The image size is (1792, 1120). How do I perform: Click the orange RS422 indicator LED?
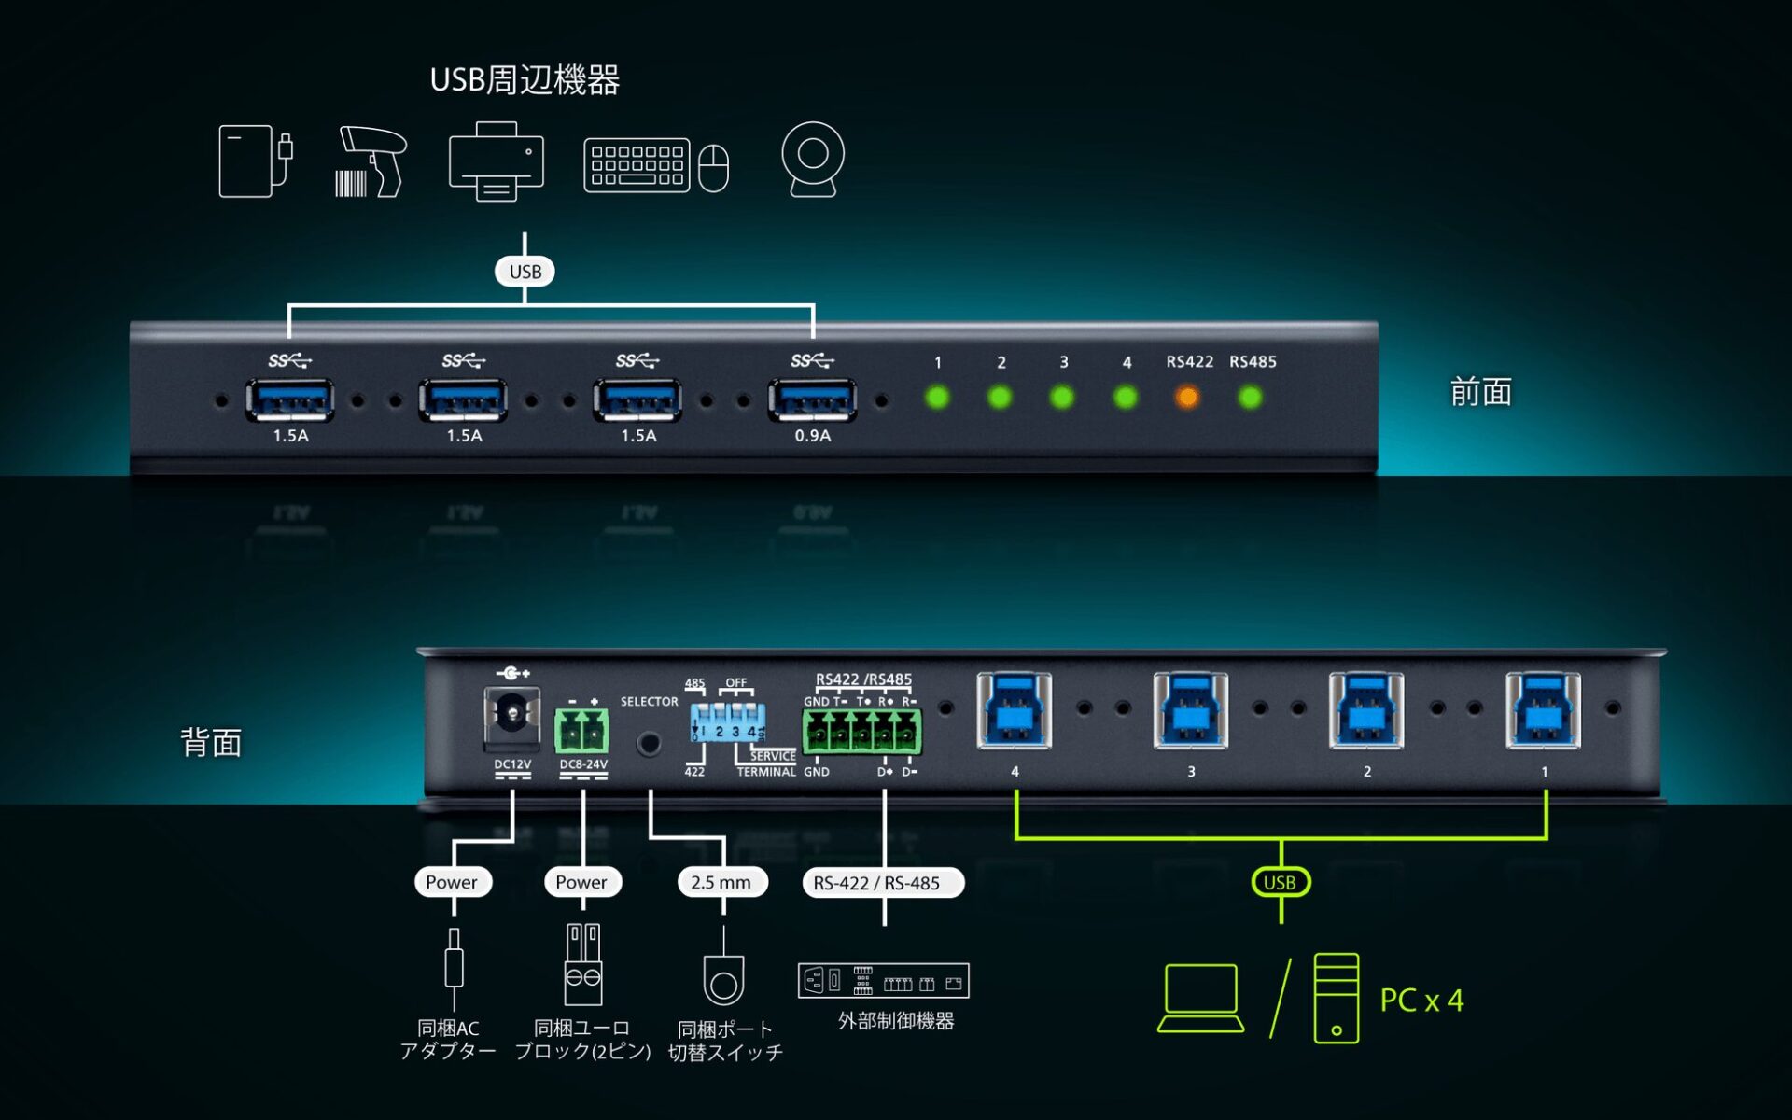point(1187,398)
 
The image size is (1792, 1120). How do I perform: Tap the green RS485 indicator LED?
point(1250,398)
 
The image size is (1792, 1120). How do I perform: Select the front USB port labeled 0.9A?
point(812,400)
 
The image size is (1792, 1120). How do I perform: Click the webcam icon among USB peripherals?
point(813,159)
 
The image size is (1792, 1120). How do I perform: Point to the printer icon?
point(496,161)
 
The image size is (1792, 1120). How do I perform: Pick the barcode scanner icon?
point(371,161)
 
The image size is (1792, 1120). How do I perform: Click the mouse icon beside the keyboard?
point(713,168)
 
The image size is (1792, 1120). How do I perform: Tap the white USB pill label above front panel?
point(525,272)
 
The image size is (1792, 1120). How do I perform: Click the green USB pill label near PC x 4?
point(1280,882)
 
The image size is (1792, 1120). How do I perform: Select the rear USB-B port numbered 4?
point(1015,711)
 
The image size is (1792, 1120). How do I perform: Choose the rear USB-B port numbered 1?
point(1543,711)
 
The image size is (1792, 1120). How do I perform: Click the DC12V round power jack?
point(511,717)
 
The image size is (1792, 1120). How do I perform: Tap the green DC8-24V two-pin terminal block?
point(582,729)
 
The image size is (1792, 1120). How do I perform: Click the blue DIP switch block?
point(727,722)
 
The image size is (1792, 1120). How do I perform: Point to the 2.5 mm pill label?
point(721,882)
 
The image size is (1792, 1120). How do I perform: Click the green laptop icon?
point(1200,999)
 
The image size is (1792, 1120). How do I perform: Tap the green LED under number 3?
point(1062,398)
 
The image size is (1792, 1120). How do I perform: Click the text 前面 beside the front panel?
point(1480,392)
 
